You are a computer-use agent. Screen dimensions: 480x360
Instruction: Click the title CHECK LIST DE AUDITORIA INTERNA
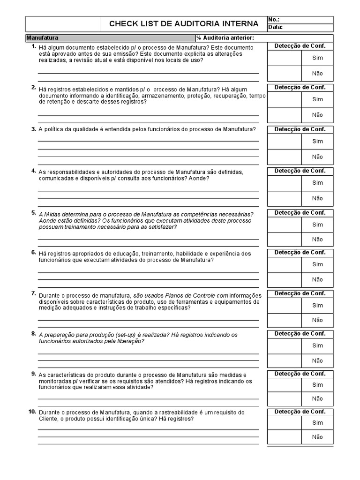click(183, 23)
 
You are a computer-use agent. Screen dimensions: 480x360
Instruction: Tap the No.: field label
click(274, 20)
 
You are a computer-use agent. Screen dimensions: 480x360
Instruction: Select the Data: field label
click(275, 27)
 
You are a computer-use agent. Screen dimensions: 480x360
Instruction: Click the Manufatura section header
click(42, 37)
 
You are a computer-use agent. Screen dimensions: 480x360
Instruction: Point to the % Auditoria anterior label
click(225, 37)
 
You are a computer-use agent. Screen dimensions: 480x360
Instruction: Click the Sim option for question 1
click(317, 58)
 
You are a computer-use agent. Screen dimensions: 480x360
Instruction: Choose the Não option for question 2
click(317, 115)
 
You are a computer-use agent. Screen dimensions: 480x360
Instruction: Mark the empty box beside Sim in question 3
click(284, 141)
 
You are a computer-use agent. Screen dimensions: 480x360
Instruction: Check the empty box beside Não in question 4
click(284, 198)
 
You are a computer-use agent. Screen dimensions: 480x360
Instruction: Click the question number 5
click(33, 212)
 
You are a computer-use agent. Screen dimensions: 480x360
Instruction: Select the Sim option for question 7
click(317, 305)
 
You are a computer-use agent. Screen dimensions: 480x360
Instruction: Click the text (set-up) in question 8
click(124, 335)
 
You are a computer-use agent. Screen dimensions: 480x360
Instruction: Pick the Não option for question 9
click(317, 398)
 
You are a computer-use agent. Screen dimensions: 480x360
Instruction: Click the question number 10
click(32, 412)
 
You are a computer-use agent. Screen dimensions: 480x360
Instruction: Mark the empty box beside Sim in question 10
click(284, 423)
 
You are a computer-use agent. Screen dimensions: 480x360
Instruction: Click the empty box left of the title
click(63, 23)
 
